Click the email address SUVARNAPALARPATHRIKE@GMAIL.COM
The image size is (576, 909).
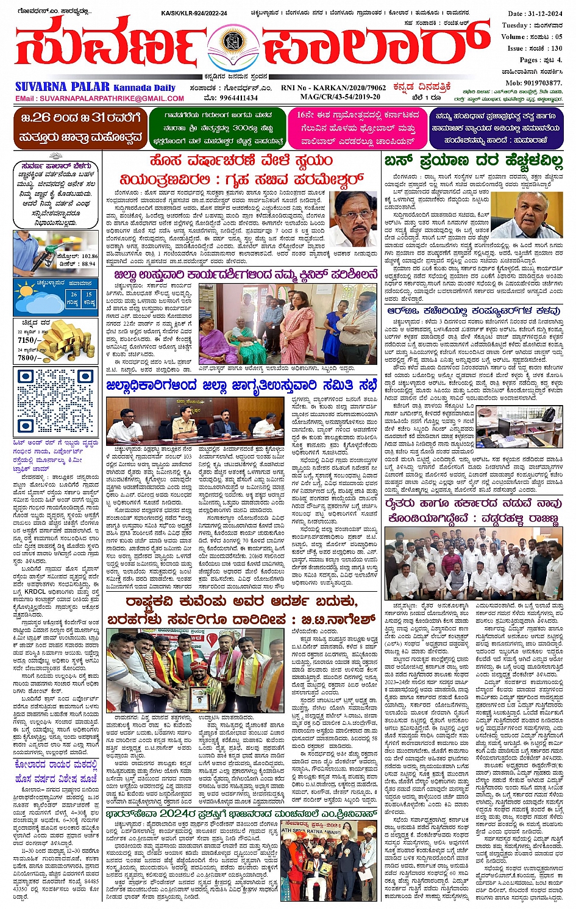99,98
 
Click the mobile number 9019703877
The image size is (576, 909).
533,82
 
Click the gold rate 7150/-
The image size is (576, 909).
29,340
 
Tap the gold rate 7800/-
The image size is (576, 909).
29,357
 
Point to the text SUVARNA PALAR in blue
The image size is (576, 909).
63,87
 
